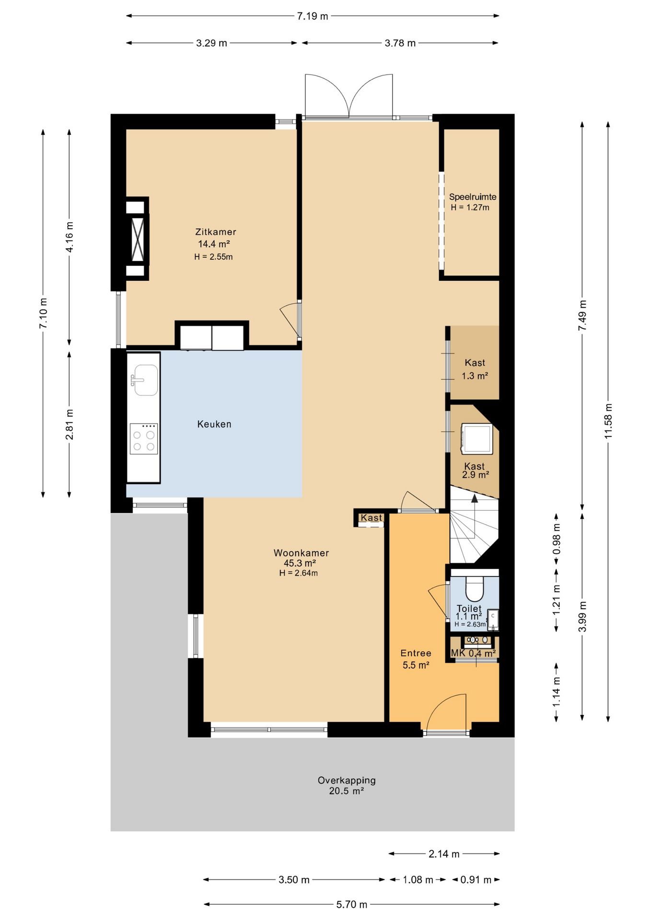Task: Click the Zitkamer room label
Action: point(215,232)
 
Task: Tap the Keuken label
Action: point(214,424)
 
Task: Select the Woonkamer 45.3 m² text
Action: point(301,558)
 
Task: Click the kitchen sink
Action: point(146,380)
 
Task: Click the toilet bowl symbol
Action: point(475,588)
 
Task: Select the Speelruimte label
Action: point(472,197)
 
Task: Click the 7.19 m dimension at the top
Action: point(313,16)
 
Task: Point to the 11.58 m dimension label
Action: point(608,421)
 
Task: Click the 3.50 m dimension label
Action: point(294,880)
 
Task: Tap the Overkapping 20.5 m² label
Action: point(347,785)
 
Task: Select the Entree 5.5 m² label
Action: point(416,659)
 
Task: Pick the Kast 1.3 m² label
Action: point(475,369)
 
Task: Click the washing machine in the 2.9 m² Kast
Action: point(477,438)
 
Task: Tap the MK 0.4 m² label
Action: point(473,654)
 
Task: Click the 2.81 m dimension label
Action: point(70,424)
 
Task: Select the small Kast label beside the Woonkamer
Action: point(372,517)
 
